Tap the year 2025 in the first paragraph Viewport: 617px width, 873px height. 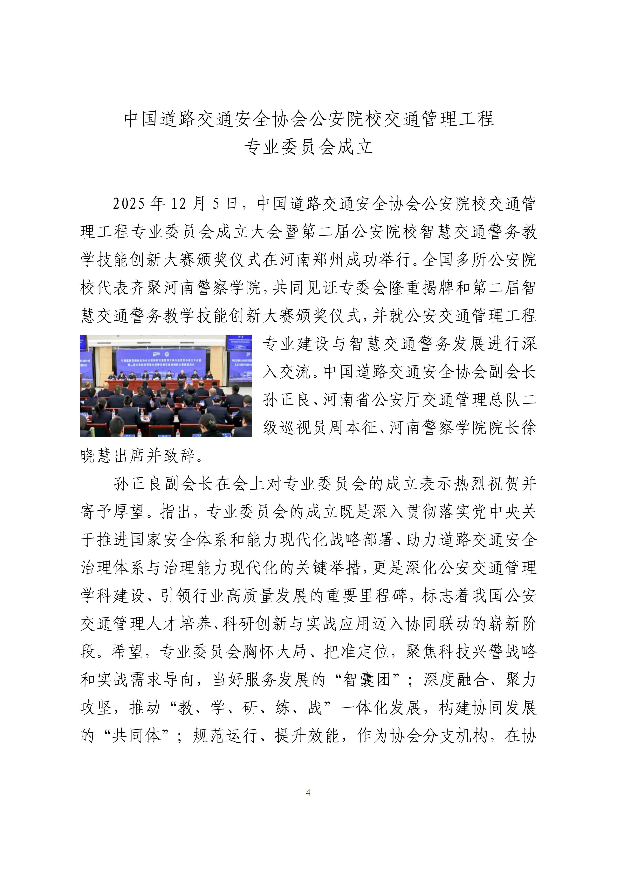(x=129, y=204)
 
